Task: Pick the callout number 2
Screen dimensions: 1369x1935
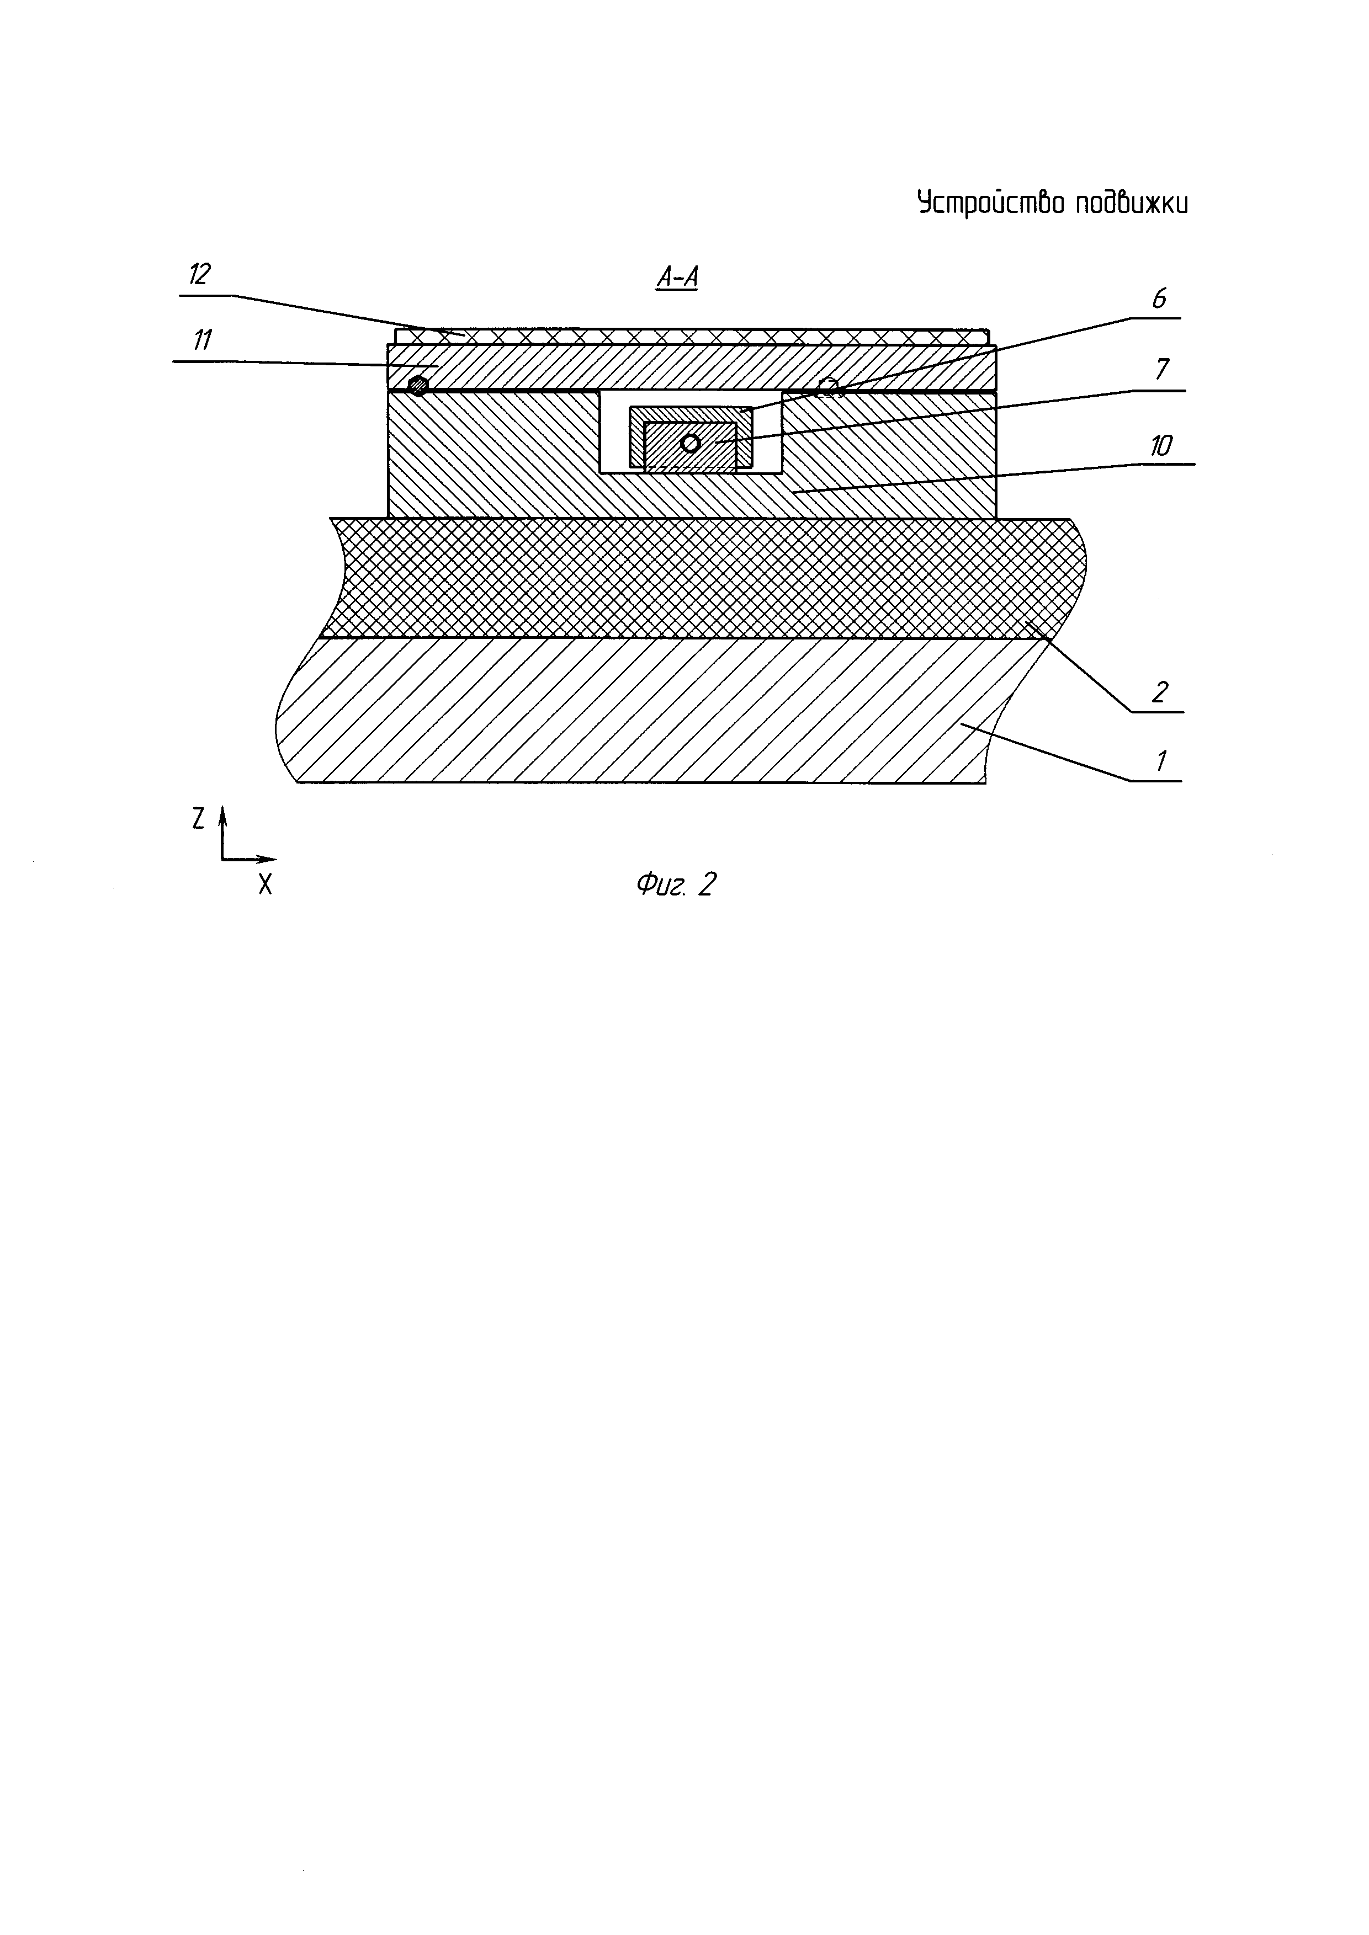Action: pos(1159,692)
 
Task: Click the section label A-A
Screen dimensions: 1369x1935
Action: pos(676,278)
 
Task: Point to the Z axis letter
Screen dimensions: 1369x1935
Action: pos(198,818)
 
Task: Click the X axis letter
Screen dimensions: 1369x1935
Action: pos(266,884)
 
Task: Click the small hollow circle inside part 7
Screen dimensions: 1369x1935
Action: pos(691,443)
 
